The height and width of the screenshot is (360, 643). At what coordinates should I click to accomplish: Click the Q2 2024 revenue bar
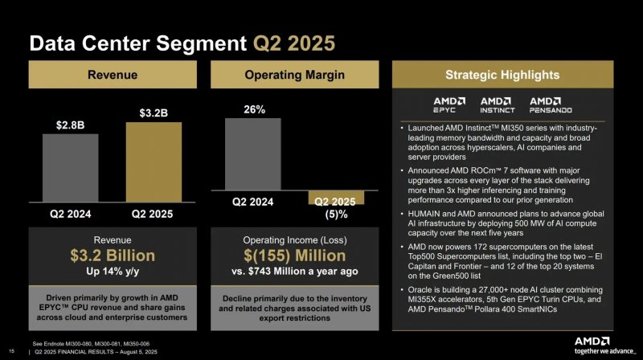click(x=70, y=170)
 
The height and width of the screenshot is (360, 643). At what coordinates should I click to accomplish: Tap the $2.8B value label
click(x=70, y=126)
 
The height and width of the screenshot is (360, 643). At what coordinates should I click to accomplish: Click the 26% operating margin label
click(x=254, y=108)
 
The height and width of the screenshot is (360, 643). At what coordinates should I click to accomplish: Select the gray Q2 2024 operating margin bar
click(x=253, y=154)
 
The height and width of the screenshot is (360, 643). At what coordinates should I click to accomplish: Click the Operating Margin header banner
click(x=295, y=75)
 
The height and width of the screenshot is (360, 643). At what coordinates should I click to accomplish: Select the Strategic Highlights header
click(x=502, y=75)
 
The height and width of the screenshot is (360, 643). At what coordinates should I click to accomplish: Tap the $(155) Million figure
click(x=295, y=256)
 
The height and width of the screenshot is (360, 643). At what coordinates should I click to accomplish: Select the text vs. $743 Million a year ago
click(x=295, y=272)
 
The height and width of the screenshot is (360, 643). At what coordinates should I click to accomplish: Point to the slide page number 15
click(x=11, y=349)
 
